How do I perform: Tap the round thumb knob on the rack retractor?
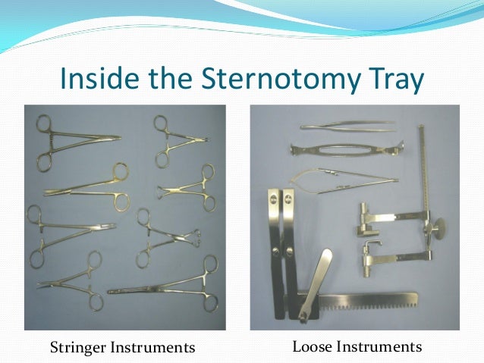(438, 227)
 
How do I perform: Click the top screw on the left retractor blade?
(271, 202)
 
